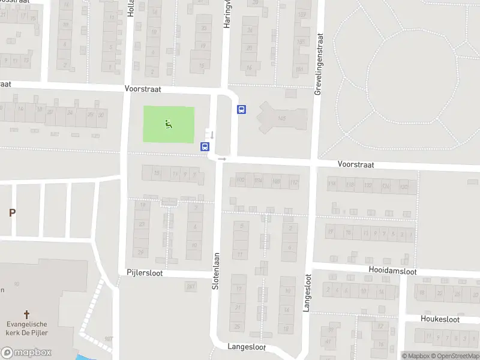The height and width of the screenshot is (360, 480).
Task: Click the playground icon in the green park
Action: [169, 124]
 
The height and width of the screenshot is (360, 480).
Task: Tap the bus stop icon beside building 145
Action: [242, 109]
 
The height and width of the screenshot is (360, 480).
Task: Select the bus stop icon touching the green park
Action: [205, 146]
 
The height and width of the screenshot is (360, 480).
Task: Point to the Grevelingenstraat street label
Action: [318, 64]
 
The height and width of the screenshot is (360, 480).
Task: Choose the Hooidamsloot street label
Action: [394, 272]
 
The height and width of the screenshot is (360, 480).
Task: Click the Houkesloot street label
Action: [440, 319]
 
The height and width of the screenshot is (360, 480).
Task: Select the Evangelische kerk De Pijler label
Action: [26, 329]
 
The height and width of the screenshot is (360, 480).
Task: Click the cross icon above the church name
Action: [26, 314]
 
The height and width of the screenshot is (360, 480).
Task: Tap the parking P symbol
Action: [11, 212]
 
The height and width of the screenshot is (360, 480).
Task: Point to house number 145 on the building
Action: [281, 119]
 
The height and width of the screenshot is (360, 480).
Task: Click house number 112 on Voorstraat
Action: [293, 182]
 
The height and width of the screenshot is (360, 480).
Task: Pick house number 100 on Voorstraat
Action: [241, 180]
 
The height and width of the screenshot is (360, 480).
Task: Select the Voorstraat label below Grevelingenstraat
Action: [356, 163]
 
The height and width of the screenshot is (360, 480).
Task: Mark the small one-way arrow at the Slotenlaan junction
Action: [222, 159]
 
